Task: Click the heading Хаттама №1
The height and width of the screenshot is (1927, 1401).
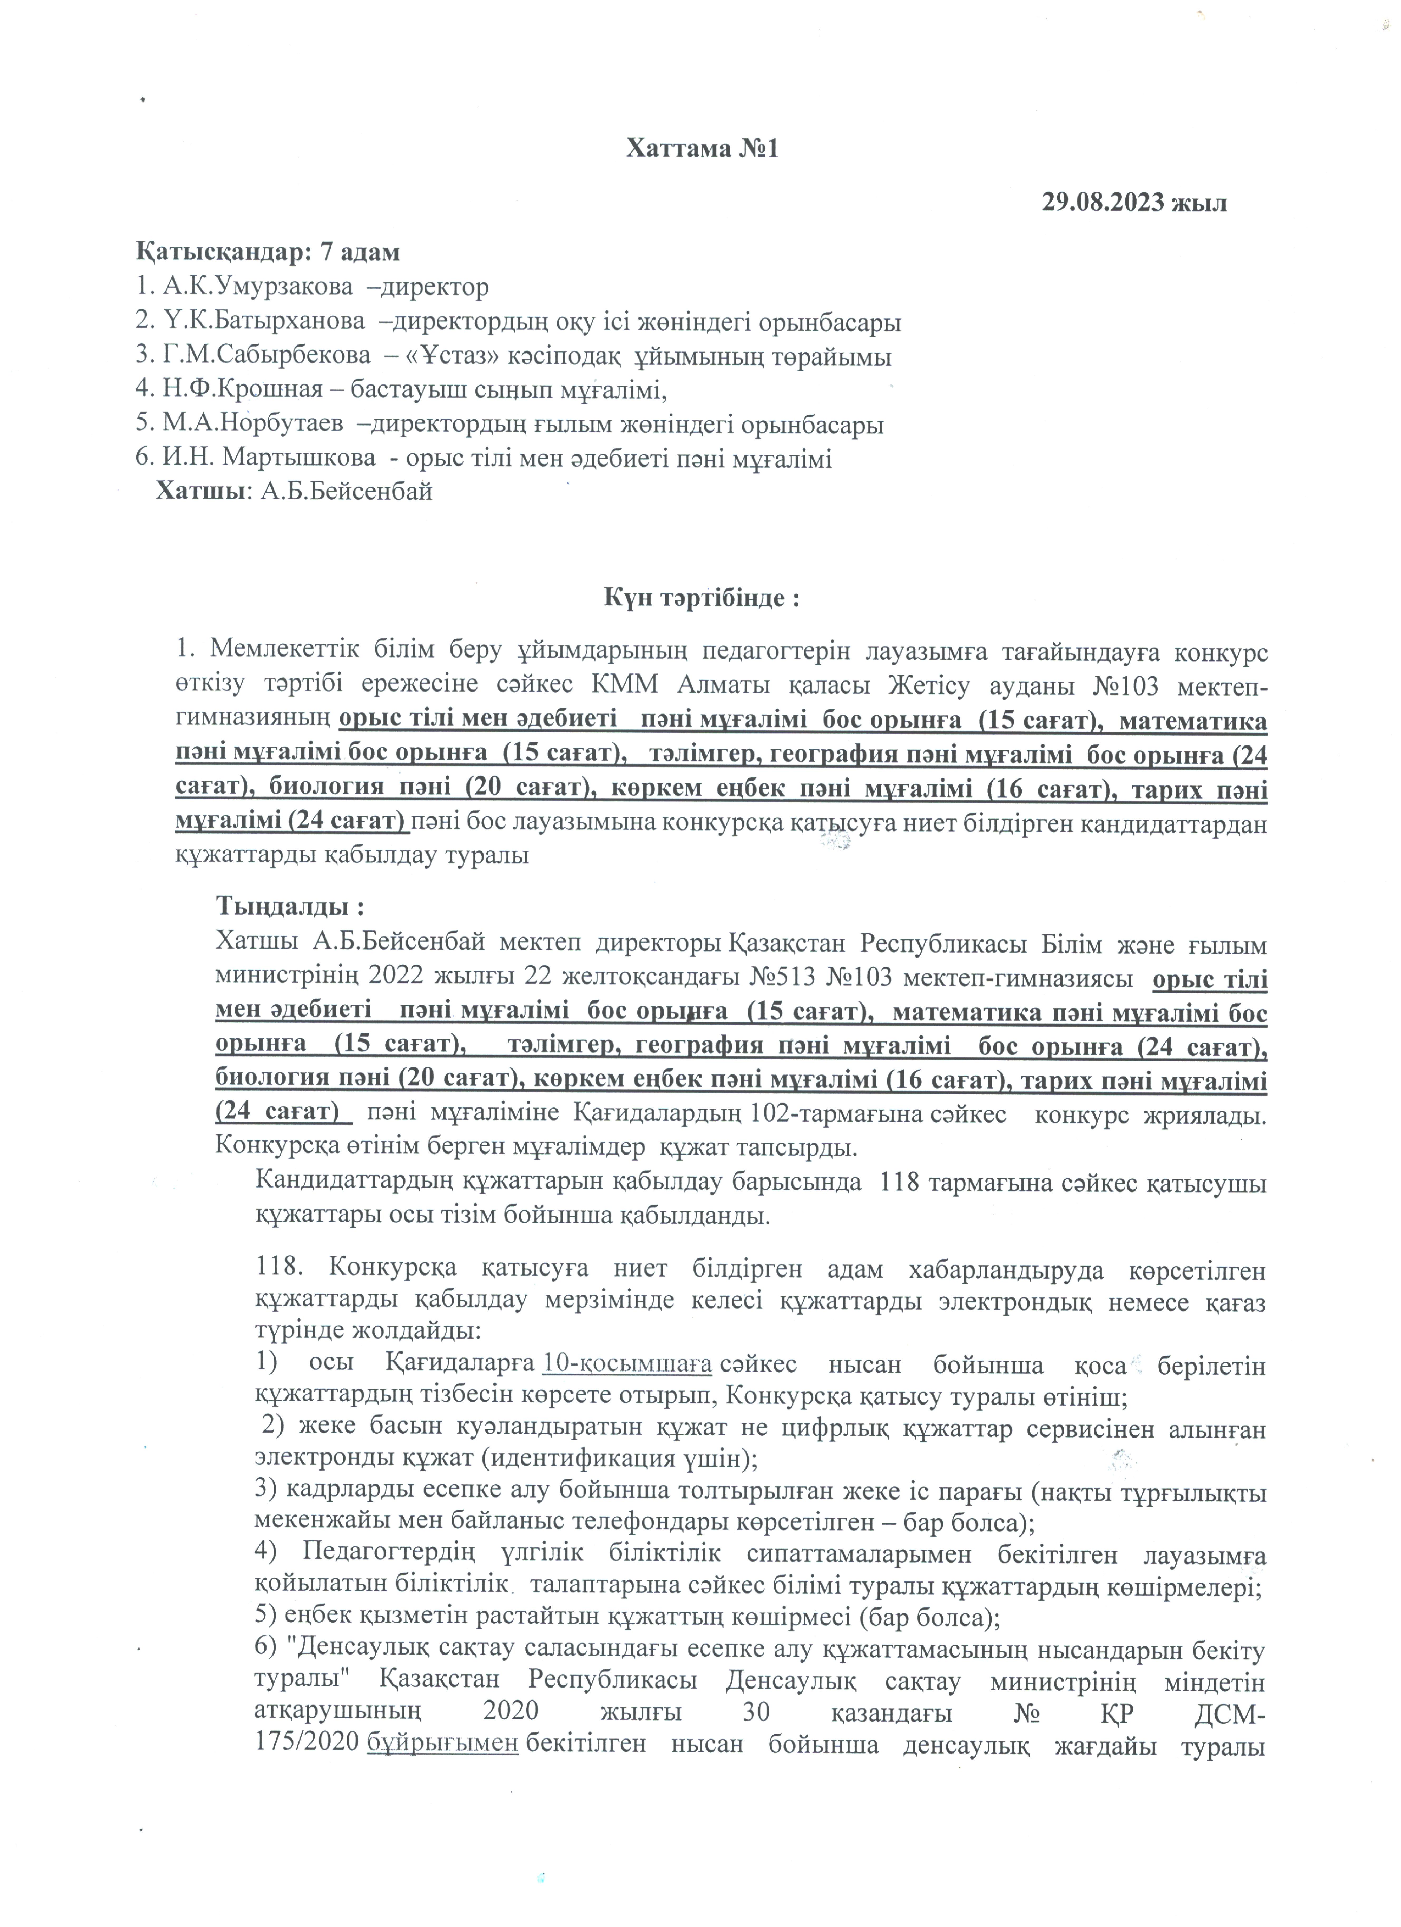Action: coord(702,149)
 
